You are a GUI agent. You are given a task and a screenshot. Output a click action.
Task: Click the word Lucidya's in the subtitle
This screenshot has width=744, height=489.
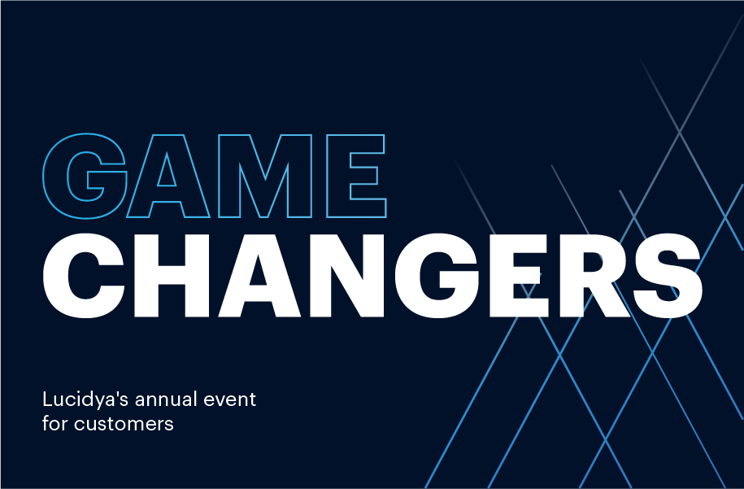(85, 400)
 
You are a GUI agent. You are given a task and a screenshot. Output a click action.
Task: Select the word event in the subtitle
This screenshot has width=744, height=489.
(229, 399)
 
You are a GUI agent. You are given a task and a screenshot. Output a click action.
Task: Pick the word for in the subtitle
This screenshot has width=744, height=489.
(54, 423)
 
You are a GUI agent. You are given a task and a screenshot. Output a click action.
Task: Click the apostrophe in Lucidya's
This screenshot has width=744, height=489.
(116, 394)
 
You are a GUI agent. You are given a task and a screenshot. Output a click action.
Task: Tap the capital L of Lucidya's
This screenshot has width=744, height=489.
(47, 399)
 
